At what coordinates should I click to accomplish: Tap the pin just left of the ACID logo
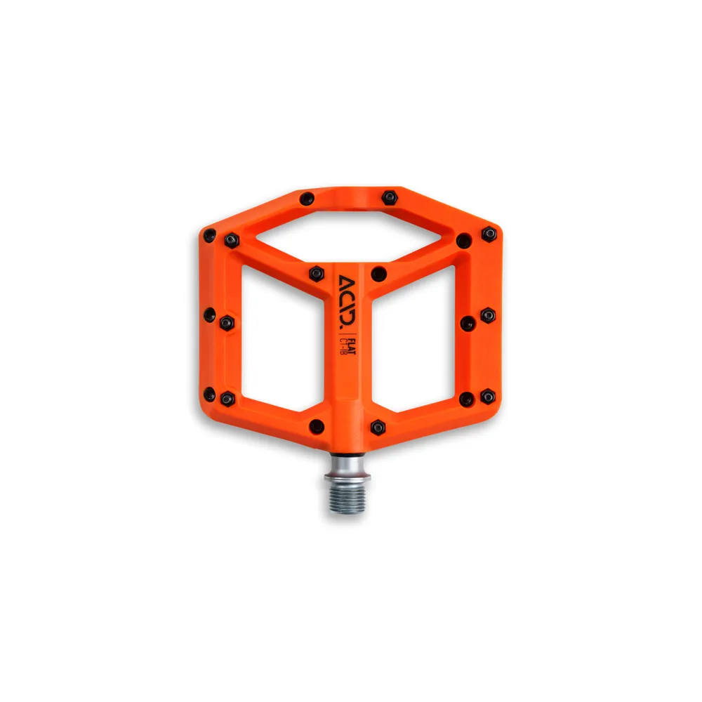click(x=317, y=272)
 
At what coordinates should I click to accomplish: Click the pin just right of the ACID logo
click(x=378, y=273)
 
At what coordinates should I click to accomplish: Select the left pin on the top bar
click(x=307, y=199)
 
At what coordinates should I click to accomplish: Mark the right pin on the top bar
click(x=390, y=197)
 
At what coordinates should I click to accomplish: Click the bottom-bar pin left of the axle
click(x=317, y=425)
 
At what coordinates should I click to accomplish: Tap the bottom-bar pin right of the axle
click(x=378, y=426)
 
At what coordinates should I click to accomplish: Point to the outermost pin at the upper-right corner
click(x=489, y=233)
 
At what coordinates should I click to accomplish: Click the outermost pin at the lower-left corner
click(x=208, y=395)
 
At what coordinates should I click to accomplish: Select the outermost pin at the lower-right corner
click(x=488, y=397)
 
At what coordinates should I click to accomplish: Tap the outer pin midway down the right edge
click(x=488, y=315)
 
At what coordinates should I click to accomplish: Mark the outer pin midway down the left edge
click(x=208, y=314)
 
